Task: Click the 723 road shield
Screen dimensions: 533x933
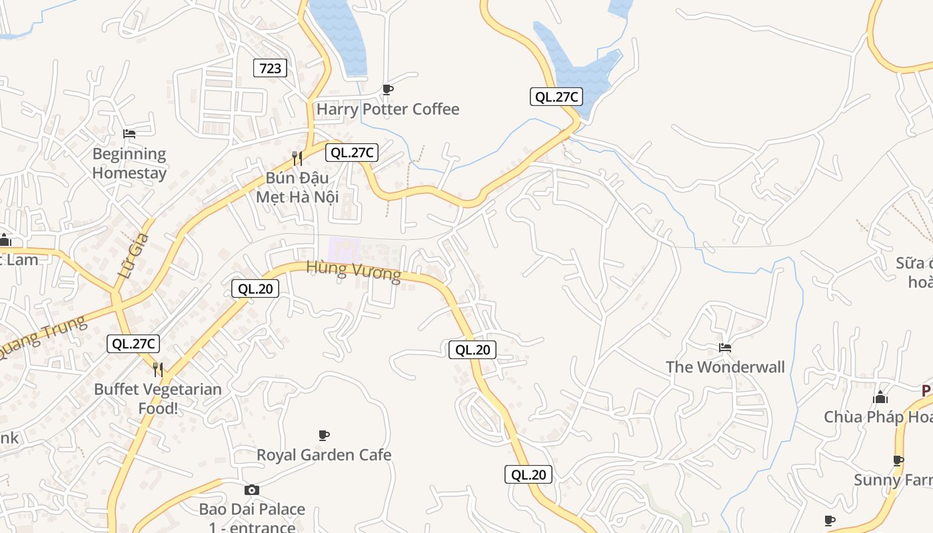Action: point(270,67)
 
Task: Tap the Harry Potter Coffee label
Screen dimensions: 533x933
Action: point(388,109)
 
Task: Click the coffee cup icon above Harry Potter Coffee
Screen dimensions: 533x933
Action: point(388,89)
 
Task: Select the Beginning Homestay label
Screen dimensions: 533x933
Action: point(129,163)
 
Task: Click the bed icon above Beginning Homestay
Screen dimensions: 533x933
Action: point(129,133)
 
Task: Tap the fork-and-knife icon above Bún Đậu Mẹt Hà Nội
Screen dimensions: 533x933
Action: point(297,158)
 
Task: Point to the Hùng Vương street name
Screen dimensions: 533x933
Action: point(354,271)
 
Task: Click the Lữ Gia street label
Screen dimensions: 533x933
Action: point(132,255)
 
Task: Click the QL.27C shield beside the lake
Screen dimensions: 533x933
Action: point(556,97)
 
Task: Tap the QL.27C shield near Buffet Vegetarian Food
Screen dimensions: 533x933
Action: point(134,344)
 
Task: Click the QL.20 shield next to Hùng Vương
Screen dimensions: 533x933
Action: point(255,288)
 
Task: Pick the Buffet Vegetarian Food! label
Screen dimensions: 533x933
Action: point(158,398)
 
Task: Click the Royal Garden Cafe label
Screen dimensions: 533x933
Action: point(324,455)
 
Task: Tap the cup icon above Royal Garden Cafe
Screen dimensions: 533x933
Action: point(324,435)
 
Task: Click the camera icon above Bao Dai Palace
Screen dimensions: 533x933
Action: point(252,490)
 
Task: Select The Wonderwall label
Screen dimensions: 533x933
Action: point(725,367)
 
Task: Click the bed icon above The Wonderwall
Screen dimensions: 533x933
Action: point(725,348)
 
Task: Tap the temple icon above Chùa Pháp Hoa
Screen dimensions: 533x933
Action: point(880,397)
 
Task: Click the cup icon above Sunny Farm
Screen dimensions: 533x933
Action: point(898,460)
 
